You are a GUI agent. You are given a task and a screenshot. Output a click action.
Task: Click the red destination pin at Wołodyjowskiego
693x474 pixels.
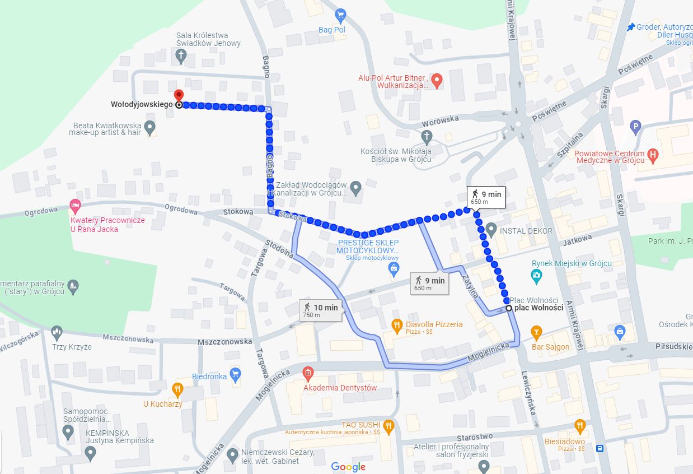[x=179, y=96]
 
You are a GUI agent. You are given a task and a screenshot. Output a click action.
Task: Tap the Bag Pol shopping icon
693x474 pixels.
[x=340, y=15]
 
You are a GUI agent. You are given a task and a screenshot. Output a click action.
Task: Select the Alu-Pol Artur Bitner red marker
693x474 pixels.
[x=438, y=80]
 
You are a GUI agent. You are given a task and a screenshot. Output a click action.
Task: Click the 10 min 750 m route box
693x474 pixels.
[x=321, y=310]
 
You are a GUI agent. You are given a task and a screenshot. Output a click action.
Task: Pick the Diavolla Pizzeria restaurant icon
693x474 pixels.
[x=397, y=324]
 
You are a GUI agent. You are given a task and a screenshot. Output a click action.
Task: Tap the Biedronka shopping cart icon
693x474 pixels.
[x=235, y=373]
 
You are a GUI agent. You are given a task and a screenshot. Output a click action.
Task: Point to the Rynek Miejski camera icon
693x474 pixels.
[x=536, y=275]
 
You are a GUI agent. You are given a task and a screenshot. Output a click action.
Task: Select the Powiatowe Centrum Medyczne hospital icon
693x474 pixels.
[x=652, y=153]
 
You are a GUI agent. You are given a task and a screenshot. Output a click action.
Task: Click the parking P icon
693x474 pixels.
[x=635, y=127]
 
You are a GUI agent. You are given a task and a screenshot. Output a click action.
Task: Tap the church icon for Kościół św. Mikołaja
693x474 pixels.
[x=427, y=136]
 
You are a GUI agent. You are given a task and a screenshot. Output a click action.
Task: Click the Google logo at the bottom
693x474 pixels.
[x=348, y=466]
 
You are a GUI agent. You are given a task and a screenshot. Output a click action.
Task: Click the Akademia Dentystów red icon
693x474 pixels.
[x=307, y=373]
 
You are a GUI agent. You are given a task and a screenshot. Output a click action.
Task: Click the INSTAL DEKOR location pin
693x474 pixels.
[x=491, y=229]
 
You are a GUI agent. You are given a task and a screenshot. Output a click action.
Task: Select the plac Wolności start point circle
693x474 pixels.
[x=508, y=308]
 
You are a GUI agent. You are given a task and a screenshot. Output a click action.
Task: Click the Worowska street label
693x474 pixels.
[x=440, y=119]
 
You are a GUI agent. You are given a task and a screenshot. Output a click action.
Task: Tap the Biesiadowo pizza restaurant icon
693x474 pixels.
[x=579, y=427]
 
